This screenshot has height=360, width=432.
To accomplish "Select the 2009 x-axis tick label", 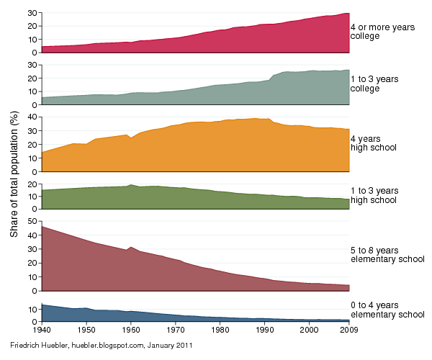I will coord(348,330).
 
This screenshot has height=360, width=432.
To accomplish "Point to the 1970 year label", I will coord(175,330).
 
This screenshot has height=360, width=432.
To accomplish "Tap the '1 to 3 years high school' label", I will coord(373,194).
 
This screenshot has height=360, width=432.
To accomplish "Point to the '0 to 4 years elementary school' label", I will coord(387,310).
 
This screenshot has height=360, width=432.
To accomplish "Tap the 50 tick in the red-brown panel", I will coord(32,221).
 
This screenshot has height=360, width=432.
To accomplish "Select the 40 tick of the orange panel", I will coord(32,116).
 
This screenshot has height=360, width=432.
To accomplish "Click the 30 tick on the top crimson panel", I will coord(32,13).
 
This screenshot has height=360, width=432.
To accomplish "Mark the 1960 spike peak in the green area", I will coord(131,185).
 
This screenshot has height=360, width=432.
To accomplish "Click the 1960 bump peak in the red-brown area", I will coord(130,247).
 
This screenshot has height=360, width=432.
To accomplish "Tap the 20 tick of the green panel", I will coord(32,184).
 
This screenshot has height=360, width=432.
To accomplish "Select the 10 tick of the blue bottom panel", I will coord(32,309).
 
